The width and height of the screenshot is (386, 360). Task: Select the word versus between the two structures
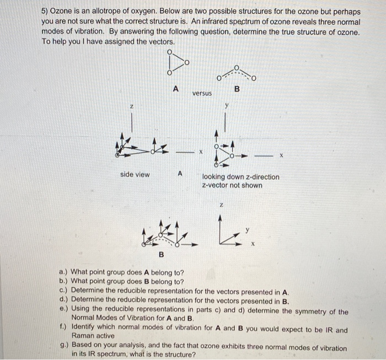(202, 94)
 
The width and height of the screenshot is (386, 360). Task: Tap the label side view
(135, 175)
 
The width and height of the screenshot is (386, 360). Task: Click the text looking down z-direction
(241, 177)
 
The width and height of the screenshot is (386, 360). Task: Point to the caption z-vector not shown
(232, 185)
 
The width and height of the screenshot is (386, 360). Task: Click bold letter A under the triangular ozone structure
(176, 88)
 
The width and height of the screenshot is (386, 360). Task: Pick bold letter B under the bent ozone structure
(237, 88)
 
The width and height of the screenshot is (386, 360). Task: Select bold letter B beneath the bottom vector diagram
(162, 254)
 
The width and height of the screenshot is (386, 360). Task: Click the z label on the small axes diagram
(221, 205)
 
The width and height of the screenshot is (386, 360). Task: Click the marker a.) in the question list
(63, 272)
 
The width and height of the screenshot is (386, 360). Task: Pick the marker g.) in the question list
(64, 348)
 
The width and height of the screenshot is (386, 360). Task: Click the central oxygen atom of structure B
(237, 68)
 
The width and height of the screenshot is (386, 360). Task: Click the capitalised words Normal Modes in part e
(94, 319)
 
